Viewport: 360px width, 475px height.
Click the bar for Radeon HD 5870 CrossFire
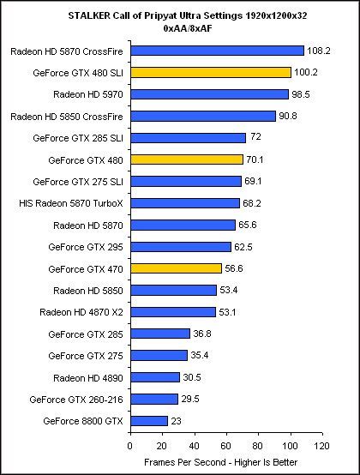pyautogui.click(x=217, y=50)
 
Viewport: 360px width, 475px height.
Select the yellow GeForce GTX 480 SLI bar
pyautogui.click(x=211, y=72)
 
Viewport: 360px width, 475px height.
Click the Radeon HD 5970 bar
pyautogui.click(x=209, y=93)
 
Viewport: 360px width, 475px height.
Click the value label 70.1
pyautogui.click(x=255, y=159)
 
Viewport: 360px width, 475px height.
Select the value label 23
pyautogui.click(x=177, y=421)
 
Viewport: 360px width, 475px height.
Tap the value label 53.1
pyautogui.click(x=227, y=312)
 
